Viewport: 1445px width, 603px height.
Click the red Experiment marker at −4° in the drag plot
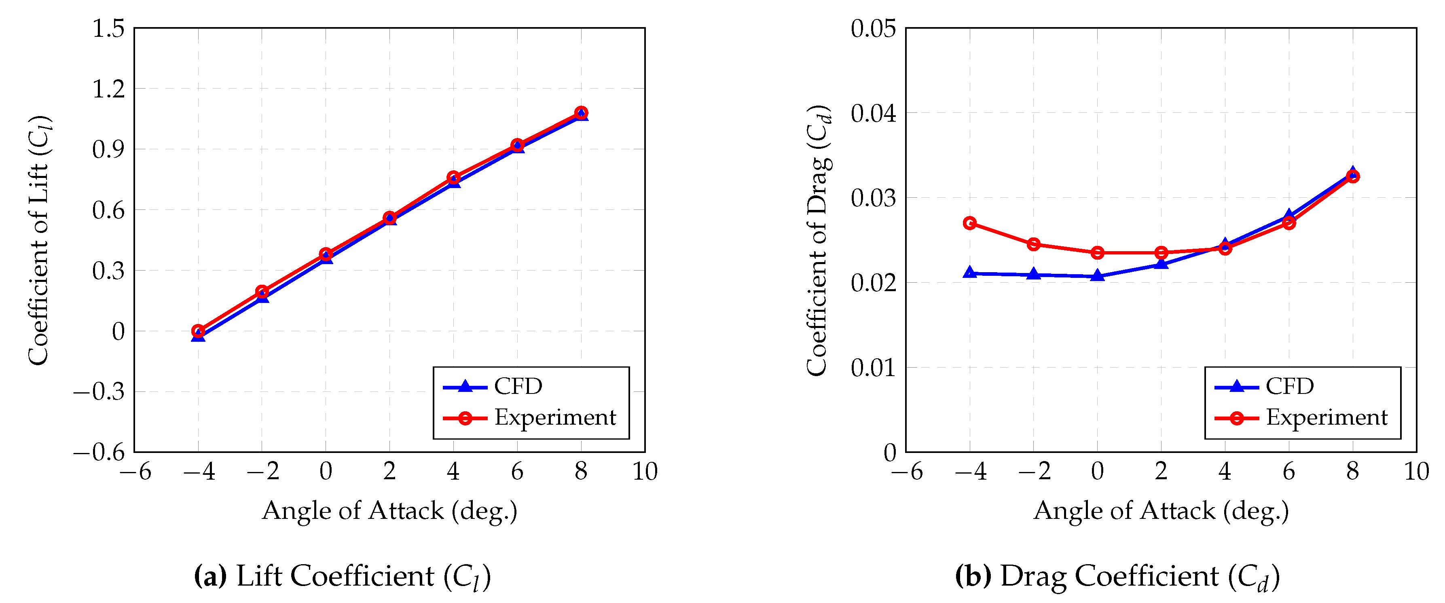coord(970,223)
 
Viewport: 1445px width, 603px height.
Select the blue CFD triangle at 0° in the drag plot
coord(1098,275)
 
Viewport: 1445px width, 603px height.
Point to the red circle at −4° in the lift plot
coord(198,331)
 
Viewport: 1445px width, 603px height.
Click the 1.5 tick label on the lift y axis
coord(108,28)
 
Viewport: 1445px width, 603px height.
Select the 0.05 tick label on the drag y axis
coord(874,28)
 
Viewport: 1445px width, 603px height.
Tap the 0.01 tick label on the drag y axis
coord(874,368)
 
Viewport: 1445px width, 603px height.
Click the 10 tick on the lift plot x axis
coord(645,472)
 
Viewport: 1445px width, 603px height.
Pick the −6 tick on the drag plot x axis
coord(906,472)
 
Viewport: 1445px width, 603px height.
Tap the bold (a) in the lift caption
coord(210,576)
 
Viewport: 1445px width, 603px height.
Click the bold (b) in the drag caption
coord(973,576)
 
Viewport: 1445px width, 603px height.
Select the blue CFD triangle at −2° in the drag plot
coord(1034,274)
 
